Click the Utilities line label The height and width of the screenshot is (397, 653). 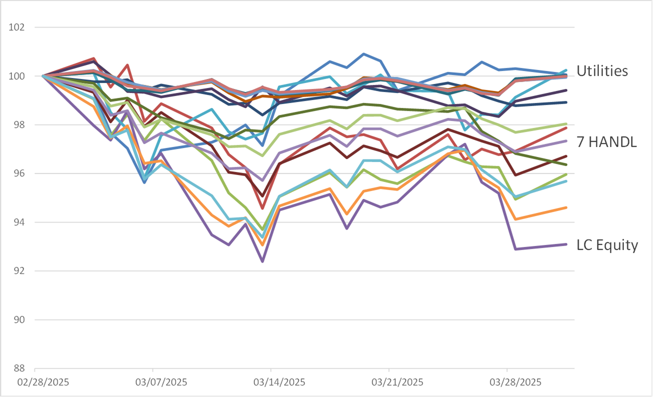point(602,71)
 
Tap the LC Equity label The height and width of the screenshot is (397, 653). point(607,245)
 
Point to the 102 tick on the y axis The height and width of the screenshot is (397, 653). point(17,28)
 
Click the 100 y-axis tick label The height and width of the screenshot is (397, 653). point(17,76)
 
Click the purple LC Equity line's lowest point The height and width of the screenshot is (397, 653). point(262,261)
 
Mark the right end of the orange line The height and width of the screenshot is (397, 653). point(566,207)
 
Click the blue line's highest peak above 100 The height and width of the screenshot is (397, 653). point(364,54)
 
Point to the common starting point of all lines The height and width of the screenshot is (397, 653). point(43,76)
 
